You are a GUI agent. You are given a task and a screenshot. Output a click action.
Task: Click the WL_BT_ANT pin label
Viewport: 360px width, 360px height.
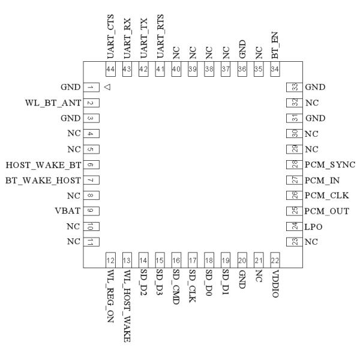point(50,103)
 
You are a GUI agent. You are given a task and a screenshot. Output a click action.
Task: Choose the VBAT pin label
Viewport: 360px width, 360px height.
point(65,211)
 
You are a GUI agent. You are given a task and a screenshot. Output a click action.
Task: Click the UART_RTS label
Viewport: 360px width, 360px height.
point(160,36)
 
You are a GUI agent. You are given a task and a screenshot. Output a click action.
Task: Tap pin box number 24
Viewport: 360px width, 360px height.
point(293,226)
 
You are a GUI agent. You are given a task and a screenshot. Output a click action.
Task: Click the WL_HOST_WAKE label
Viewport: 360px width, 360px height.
point(127,305)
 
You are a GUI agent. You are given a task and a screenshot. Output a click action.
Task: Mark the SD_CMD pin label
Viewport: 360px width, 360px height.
point(176,287)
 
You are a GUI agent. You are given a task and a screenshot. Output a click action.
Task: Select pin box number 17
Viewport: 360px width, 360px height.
point(193,261)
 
